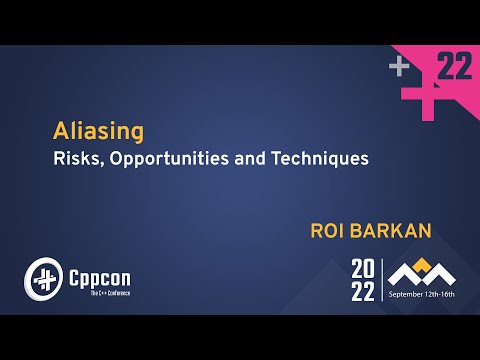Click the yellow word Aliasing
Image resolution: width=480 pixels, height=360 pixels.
98,131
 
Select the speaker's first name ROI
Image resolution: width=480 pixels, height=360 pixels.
332,231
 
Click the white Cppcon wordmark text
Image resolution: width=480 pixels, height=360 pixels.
98,271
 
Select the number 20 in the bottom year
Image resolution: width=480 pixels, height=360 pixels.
364,267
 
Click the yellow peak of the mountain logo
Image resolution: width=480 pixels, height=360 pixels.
422,264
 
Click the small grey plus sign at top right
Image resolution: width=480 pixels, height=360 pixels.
400,67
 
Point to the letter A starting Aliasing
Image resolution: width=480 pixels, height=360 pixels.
60,131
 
